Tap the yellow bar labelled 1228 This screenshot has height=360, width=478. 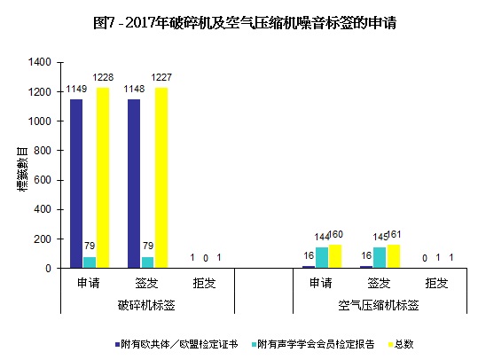(x=102, y=177)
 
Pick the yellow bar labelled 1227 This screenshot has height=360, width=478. (x=161, y=177)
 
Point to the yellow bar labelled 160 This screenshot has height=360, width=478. (x=333, y=256)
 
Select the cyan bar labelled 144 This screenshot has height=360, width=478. (x=320, y=257)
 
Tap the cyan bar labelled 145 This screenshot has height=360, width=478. (x=379, y=257)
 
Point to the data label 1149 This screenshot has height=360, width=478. (x=76, y=91)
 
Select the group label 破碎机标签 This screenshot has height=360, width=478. (x=146, y=305)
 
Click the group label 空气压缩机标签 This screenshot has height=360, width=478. (x=379, y=305)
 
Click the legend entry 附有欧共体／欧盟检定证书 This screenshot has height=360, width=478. (x=176, y=343)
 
